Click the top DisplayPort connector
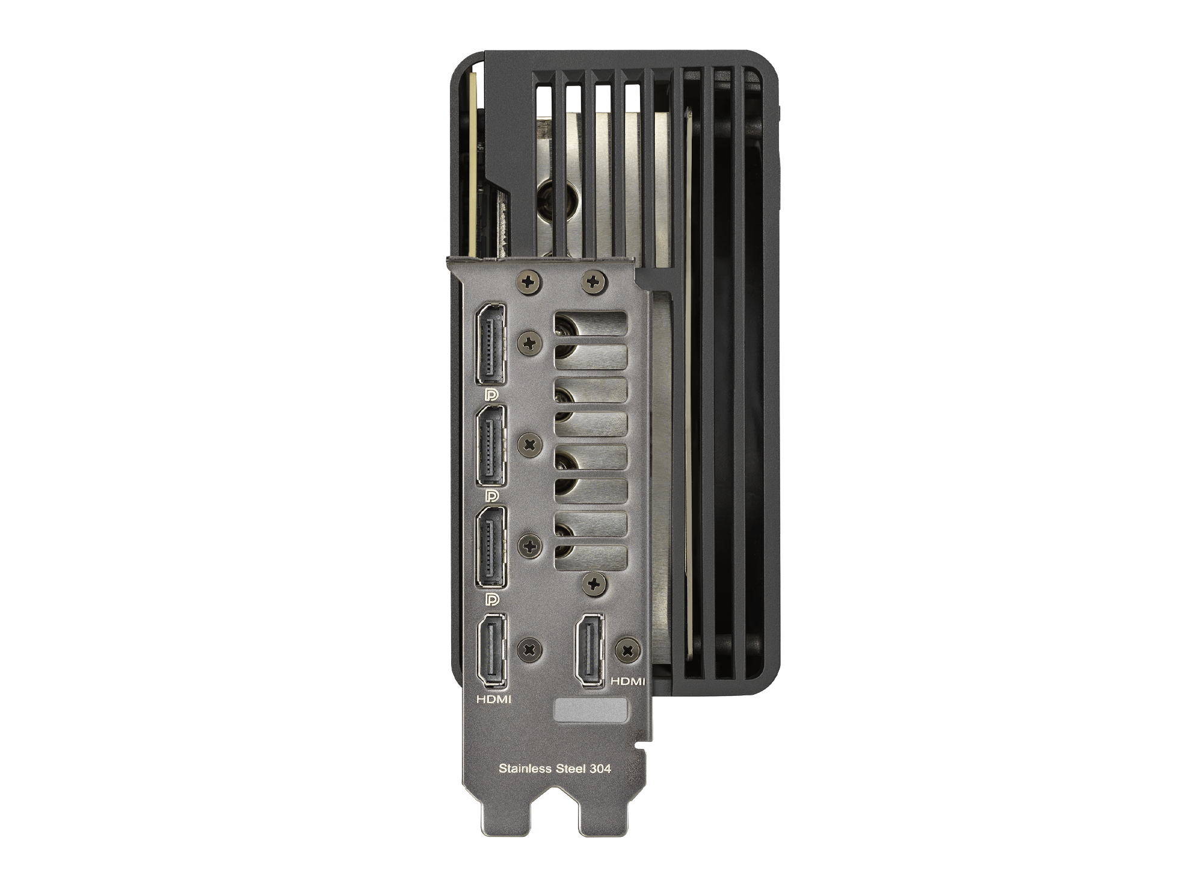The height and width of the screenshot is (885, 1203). [491, 344]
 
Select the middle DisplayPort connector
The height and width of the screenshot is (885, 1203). [491, 445]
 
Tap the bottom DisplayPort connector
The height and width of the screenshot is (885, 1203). [491, 547]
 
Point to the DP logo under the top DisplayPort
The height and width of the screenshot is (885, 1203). [492, 395]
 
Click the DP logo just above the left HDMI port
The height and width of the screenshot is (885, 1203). [492, 600]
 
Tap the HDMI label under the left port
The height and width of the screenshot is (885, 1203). [494, 700]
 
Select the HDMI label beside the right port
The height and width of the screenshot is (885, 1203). [627, 682]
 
